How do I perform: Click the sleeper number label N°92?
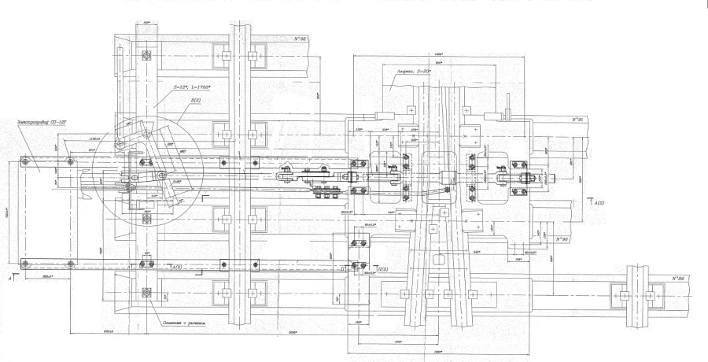299,39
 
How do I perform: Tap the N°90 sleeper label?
560,237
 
